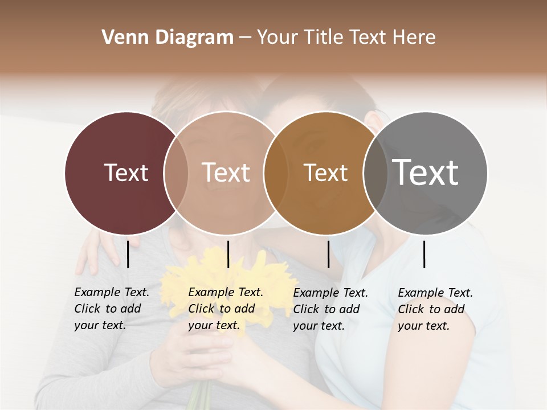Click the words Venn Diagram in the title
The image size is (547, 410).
pos(168,38)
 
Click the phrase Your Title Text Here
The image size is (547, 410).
pos(346,38)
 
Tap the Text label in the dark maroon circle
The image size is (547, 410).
pos(126,173)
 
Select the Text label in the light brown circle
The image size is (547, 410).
pos(226,173)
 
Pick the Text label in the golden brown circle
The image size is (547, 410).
pos(325,173)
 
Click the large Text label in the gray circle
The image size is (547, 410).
pos(426,172)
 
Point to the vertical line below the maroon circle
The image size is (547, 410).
pos(128,254)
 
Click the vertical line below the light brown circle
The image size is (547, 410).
pos(228,254)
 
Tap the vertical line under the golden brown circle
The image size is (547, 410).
pos(328,254)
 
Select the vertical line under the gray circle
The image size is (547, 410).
pos(424,254)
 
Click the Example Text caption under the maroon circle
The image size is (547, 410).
pos(112,309)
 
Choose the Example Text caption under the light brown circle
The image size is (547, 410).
pos(226,309)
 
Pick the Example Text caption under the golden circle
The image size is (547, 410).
pos(330,309)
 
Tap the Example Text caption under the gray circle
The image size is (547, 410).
pos(435,309)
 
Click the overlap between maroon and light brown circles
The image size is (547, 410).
pos(176,173)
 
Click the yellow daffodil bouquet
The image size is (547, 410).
pos(228,285)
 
